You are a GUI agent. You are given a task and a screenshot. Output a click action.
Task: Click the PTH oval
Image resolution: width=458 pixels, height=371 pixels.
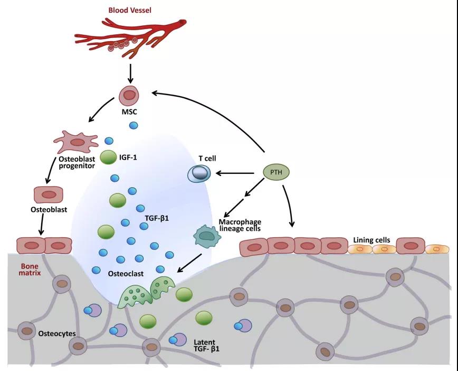pos(276,172)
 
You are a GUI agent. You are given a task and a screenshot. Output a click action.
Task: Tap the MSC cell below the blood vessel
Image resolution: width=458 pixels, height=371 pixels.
pos(129,95)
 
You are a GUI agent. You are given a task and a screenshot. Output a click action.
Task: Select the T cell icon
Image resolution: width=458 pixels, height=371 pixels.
pos(199,173)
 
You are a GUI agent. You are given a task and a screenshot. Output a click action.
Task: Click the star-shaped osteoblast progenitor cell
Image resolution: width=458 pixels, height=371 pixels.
pos(76,142)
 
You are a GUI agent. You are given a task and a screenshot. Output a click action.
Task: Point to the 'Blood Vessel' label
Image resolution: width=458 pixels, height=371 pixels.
pos(130,10)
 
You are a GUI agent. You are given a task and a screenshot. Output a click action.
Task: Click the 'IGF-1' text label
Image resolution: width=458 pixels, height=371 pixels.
pos(128,157)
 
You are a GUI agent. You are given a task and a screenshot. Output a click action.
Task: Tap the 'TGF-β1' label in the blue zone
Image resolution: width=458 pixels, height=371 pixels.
pos(157,218)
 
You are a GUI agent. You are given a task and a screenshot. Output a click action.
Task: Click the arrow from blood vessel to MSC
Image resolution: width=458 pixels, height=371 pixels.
pos(130,73)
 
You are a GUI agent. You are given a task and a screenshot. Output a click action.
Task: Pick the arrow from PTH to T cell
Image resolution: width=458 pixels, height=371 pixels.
pos(235,173)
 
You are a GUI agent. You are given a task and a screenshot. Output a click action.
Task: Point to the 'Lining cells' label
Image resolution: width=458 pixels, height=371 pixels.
pos(371,240)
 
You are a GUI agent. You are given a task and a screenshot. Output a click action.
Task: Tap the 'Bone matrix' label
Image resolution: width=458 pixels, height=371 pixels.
pos(30,270)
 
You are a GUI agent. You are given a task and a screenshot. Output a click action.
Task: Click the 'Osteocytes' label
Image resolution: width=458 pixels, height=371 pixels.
pos(57,333)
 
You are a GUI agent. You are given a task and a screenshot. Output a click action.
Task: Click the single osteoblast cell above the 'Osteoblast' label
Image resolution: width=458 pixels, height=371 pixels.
pos(49,194)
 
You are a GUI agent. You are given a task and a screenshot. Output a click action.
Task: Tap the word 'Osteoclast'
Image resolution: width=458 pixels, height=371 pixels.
pos(126,274)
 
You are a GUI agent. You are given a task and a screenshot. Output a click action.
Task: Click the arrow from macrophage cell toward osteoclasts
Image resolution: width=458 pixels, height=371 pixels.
pos(189,263)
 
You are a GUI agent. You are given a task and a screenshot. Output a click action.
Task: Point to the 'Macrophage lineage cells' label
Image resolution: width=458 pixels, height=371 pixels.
pos(240,225)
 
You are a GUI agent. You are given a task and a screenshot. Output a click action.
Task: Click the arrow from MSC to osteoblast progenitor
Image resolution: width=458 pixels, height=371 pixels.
pos(101,110)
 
